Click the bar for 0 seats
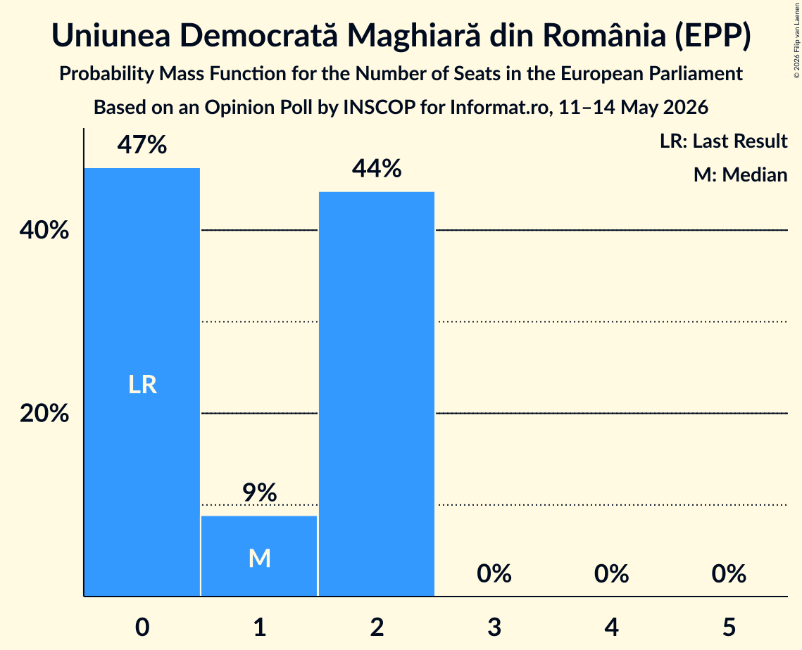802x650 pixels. [142, 382]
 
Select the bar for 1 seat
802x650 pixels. [259, 556]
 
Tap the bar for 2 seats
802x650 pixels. [377, 393]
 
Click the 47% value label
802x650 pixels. [142, 145]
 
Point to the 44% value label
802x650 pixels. [377, 169]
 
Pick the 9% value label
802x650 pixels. [260, 492]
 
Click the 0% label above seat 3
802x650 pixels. [494, 573]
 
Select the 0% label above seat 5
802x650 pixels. [729, 573]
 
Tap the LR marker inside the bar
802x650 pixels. [142, 384]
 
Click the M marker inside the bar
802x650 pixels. [260, 558]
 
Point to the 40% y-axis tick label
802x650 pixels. [44, 231]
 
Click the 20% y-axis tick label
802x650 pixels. [44, 413]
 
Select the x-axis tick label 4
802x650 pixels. [612, 627]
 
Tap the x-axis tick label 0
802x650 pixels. [142, 627]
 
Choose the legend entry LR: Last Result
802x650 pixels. [723, 141]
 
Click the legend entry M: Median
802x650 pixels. [740, 174]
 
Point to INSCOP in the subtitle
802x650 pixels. [379, 108]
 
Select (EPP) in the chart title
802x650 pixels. [713, 36]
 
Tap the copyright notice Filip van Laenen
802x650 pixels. [796, 40]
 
